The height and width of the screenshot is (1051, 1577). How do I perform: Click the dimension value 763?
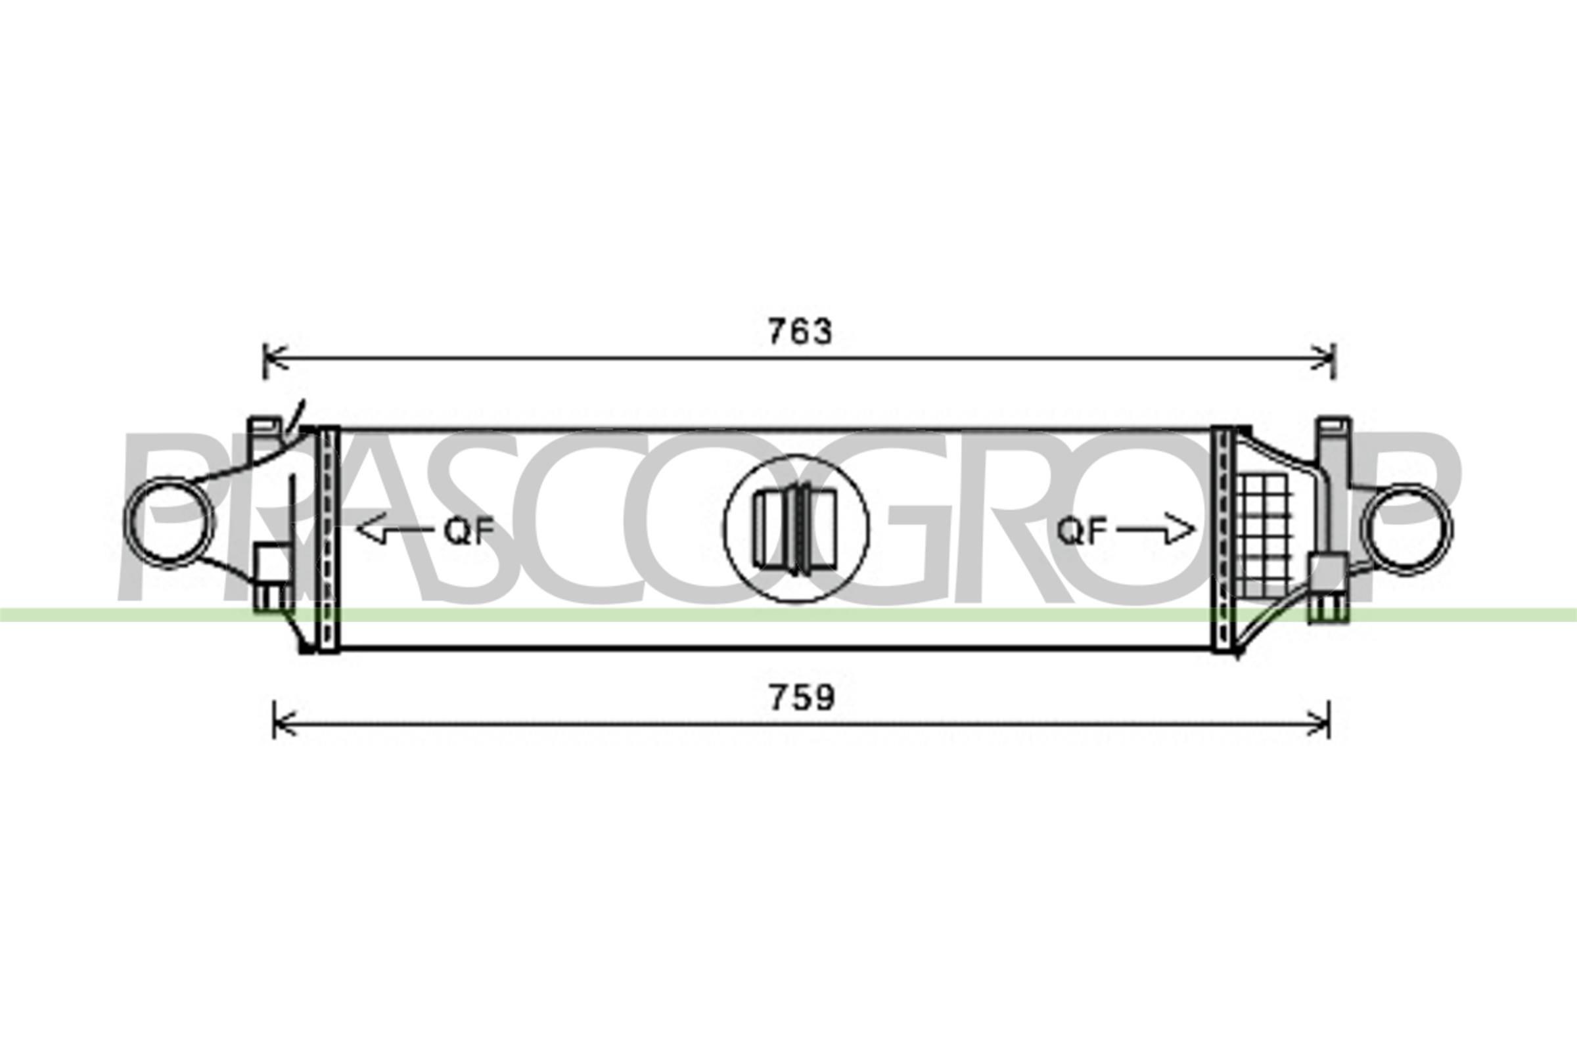pyautogui.click(x=800, y=332)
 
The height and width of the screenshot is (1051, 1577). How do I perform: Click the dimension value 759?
pyautogui.click(x=802, y=698)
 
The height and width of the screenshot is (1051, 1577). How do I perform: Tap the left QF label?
pyautogui.click(x=469, y=531)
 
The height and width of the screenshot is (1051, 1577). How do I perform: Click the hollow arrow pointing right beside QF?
pyautogui.click(x=1155, y=529)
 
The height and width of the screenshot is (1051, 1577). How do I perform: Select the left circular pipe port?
pyautogui.click(x=170, y=529)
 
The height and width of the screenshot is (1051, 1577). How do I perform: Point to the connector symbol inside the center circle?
pyautogui.click(x=796, y=529)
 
